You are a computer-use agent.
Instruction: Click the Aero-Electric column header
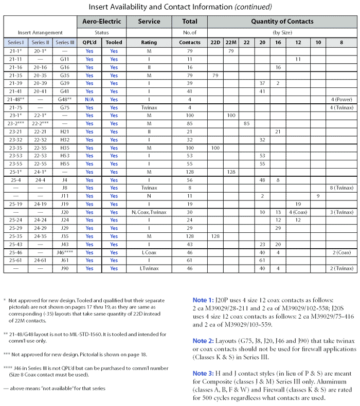click(101, 22)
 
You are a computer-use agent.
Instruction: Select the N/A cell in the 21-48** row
click(89, 100)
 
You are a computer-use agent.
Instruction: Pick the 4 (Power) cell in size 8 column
click(341, 100)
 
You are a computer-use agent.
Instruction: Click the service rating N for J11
click(149, 196)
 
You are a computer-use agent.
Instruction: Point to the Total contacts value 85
click(189, 124)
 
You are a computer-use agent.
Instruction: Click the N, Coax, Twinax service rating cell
click(149, 212)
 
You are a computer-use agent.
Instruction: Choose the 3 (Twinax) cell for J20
click(341, 212)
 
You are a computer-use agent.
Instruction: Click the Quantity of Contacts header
click(282, 22)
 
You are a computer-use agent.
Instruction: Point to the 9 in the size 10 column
click(318, 196)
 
